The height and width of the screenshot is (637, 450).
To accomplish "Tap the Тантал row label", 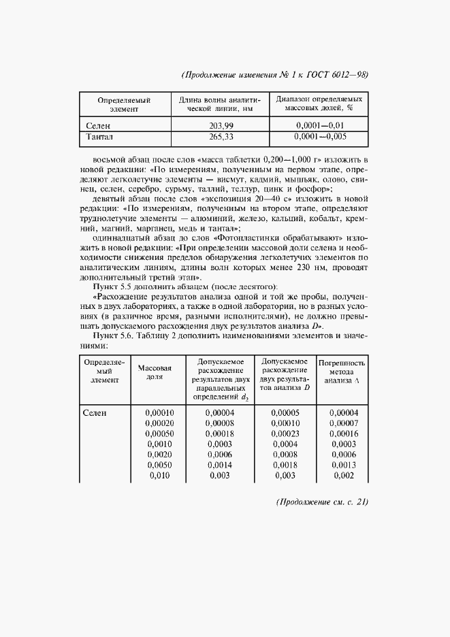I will (x=100, y=137).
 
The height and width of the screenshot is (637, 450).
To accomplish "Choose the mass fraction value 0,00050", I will (x=159, y=433).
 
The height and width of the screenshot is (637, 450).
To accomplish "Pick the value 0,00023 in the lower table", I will (x=285, y=433).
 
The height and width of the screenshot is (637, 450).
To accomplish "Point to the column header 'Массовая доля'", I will (x=154, y=372).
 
